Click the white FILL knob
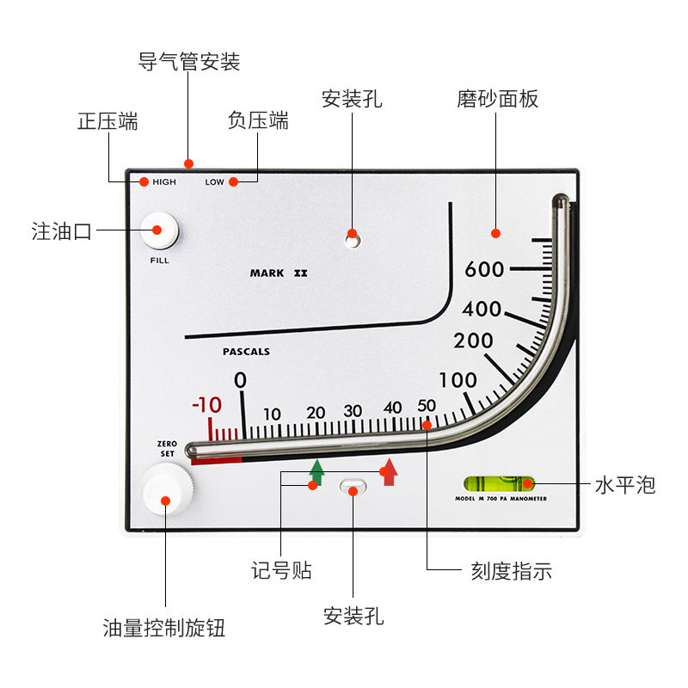(160, 230)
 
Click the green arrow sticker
(317, 471)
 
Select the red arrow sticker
(389, 470)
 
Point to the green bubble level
(499, 484)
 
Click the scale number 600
(484, 270)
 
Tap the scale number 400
(481, 309)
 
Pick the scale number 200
(473, 341)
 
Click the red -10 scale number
(206, 405)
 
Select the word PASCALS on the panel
(246, 352)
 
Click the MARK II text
(278, 273)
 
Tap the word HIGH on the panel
(164, 182)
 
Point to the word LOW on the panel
(214, 182)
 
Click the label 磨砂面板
(497, 99)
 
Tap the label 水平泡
(625, 485)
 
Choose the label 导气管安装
(189, 62)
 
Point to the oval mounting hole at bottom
(353, 488)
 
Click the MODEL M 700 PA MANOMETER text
(501, 499)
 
